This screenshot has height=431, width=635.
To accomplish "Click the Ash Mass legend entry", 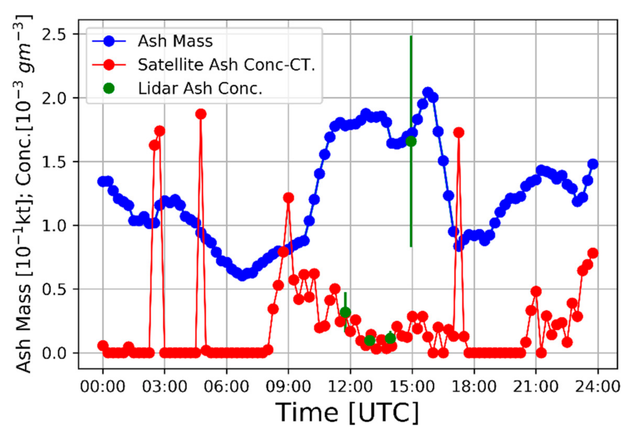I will pos(175,41).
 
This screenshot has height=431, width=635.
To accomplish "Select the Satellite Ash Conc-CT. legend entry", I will pos(226,65).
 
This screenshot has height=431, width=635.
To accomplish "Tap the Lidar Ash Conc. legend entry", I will pos(199,88).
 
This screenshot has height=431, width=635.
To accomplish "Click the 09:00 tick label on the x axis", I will pos(288,386).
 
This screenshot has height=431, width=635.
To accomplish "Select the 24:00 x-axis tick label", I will pos(597,386).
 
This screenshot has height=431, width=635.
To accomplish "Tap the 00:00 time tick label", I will pos(103,386).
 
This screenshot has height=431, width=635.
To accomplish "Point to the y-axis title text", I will pos(24,193).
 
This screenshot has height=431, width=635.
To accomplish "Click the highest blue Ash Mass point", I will pos(428,92).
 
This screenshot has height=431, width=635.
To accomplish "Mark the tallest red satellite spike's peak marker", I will pos(201,114).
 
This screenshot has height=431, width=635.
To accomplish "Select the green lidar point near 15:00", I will pos(411,141).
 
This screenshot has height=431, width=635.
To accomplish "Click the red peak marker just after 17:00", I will pos(458,132).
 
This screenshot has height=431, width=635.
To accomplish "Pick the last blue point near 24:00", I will pos(593,164).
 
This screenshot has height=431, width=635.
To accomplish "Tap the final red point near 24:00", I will pos(593,253).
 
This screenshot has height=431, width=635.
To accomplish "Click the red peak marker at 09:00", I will pos(288,198).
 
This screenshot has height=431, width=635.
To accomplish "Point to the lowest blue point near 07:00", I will pos(242,275).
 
